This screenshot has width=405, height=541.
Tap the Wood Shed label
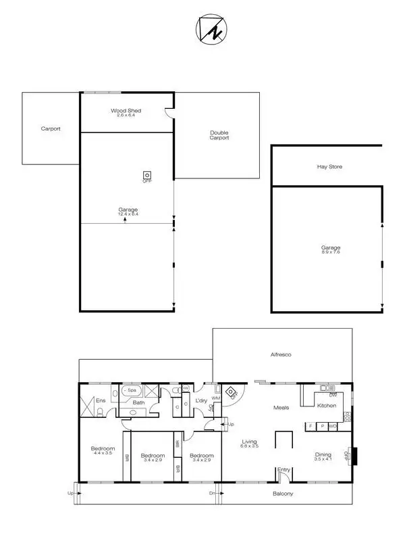(x=126, y=110)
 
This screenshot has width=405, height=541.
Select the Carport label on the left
(x=51, y=128)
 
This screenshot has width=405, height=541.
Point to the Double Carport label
(x=219, y=135)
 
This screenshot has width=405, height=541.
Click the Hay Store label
(x=329, y=166)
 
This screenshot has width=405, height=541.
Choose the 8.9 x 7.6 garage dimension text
(x=331, y=252)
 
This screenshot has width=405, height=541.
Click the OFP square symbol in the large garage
(x=146, y=173)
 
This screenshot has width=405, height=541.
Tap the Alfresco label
(x=280, y=354)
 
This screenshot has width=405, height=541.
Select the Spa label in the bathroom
(x=132, y=390)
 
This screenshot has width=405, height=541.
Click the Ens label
(x=100, y=400)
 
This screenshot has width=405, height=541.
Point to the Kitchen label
(x=327, y=405)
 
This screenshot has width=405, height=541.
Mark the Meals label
(x=281, y=408)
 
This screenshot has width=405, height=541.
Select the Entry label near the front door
(x=283, y=470)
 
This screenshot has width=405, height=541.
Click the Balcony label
(x=283, y=494)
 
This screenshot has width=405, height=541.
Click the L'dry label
(x=200, y=401)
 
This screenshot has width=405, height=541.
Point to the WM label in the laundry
(x=216, y=398)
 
